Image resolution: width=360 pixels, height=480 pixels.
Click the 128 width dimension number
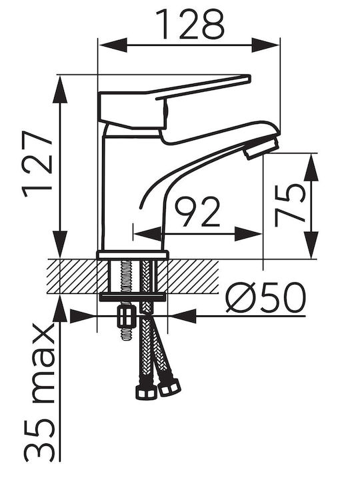pos(191,24)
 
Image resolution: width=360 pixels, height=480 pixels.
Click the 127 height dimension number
pos(37,164)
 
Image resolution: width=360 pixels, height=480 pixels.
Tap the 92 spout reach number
pos(197,211)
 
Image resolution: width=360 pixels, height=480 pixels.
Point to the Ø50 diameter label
pos(266,297)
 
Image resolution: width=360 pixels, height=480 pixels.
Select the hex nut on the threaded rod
pos(127,316)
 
